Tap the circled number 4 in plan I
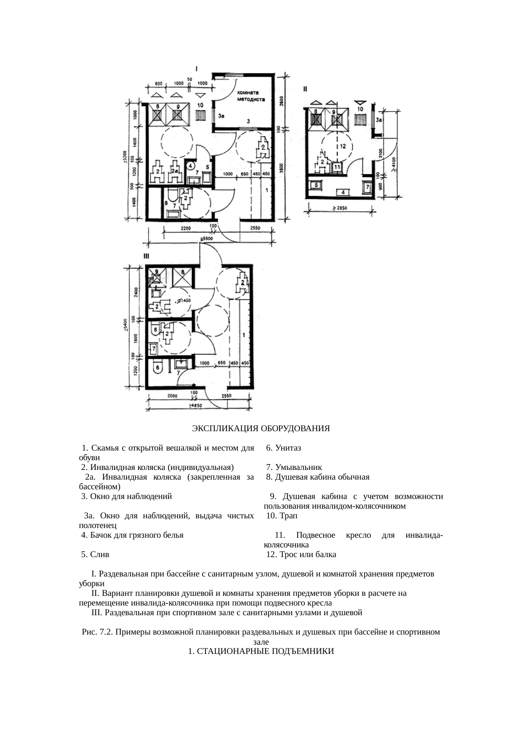(x=190, y=165)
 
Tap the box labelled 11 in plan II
(x=337, y=167)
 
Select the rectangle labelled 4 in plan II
(x=343, y=192)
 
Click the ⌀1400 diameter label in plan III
(x=184, y=301)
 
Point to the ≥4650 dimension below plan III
(x=195, y=406)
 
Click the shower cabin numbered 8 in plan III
(x=182, y=277)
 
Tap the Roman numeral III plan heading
(x=146, y=256)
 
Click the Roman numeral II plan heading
(x=305, y=89)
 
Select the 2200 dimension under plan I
(x=185, y=228)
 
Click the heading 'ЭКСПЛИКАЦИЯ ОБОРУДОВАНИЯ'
(x=261, y=429)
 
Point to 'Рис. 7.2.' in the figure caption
(x=97, y=632)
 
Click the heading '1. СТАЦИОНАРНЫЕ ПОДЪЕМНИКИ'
(x=261, y=651)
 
